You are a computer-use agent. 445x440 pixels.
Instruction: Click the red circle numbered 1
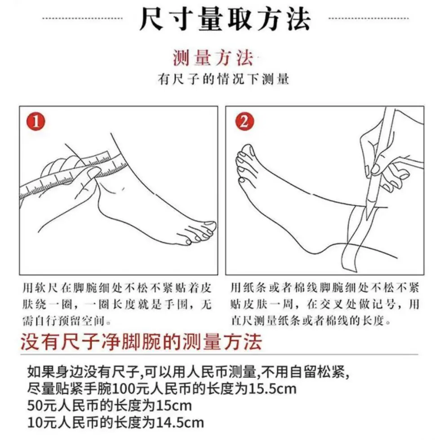[36, 122]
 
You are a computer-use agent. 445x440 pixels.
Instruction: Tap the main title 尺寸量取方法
[225, 19]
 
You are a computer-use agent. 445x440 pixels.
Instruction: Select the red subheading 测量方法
[213, 58]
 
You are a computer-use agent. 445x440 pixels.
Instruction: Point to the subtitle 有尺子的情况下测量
[223, 79]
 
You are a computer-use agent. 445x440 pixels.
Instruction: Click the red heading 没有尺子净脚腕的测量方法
[141, 342]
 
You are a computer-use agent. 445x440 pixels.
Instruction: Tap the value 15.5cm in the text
[272, 388]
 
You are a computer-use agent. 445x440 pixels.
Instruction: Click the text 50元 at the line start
[42, 405]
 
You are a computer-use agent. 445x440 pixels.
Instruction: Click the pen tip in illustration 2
[367, 218]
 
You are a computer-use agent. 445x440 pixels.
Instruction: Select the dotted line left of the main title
[82, 19]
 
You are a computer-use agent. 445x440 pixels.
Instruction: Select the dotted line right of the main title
[369, 19]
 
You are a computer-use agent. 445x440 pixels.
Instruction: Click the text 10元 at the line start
[42, 422]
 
